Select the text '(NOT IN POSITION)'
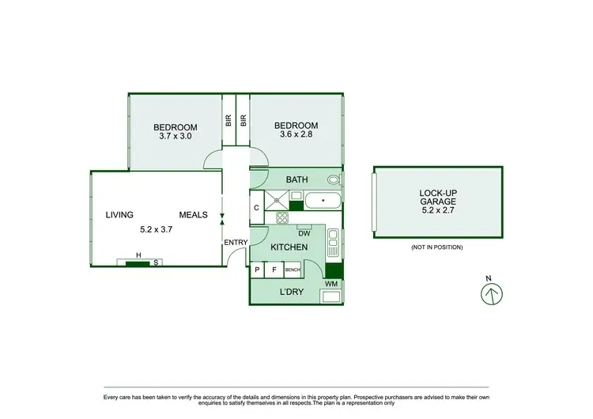click(436, 247)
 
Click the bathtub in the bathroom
click(323, 200)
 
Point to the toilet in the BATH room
click(341, 179)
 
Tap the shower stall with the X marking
click(277, 200)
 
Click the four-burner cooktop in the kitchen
click(282, 217)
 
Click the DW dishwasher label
click(304, 233)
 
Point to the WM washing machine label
click(330, 283)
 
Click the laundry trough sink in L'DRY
click(330, 296)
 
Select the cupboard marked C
click(257, 208)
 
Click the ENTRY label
click(236, 243)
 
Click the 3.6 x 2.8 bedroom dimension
click(296, 135)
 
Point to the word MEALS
click(193, 214)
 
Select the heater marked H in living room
click(138, 255)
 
